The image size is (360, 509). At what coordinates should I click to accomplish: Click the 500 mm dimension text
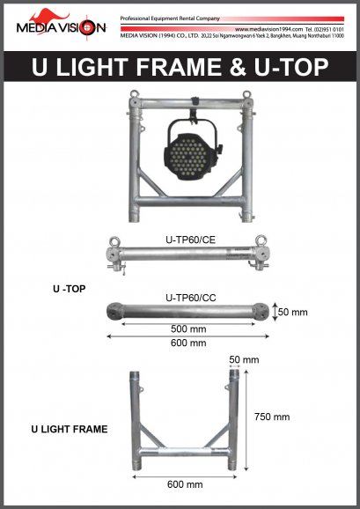(190, 328)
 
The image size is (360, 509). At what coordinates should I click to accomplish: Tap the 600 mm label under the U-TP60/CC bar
(190, 343)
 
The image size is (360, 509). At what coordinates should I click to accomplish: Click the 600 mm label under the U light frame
(185, 483)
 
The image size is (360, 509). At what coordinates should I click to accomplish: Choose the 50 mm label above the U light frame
(245, 360)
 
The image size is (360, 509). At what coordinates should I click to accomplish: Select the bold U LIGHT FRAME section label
(70, 430)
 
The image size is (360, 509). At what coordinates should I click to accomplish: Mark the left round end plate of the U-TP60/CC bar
(114, 313)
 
